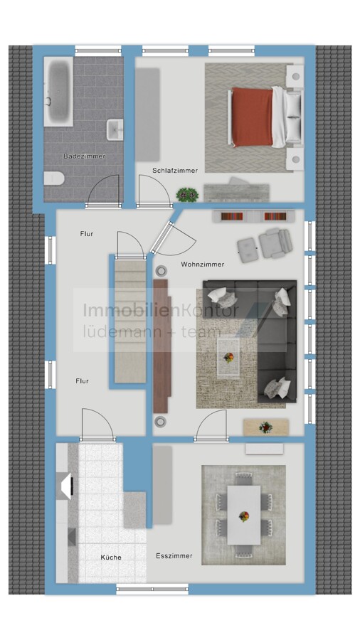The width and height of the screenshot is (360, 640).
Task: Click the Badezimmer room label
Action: tap(84, 156)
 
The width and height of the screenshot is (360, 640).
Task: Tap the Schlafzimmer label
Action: tap(175, 170)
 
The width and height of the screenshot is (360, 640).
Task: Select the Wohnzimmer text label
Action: tap(203, 264)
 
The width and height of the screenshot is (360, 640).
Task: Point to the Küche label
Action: tap(111, 557)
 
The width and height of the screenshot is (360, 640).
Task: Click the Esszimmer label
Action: tap(174, 555)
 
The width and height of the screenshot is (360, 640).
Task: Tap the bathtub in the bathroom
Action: tap(58, 92)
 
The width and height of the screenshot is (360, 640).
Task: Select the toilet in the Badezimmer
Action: tap(54, 178)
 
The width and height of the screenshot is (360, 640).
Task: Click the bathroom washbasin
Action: tap(115, 129)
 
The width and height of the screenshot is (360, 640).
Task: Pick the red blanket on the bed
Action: tap(253, 117)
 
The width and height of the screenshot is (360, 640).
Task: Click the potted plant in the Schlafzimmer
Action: tap(187, 195)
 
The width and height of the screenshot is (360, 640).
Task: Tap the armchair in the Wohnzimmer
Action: tap(275, 243)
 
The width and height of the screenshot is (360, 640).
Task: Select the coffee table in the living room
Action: tap(228, 357)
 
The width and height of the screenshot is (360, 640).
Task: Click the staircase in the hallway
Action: tap(130, 321)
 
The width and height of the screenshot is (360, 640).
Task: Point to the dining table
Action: tap(243, 515)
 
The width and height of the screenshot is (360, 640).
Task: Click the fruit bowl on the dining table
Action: tap(243, 516)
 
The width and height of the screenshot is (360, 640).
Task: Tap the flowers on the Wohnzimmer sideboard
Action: tap(265, 427)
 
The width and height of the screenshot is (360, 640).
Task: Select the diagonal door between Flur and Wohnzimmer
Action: tap(162, 238)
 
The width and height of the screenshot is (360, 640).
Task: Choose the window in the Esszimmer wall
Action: tap(152, 589)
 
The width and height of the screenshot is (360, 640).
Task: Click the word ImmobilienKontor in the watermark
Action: tap(161, 310)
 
